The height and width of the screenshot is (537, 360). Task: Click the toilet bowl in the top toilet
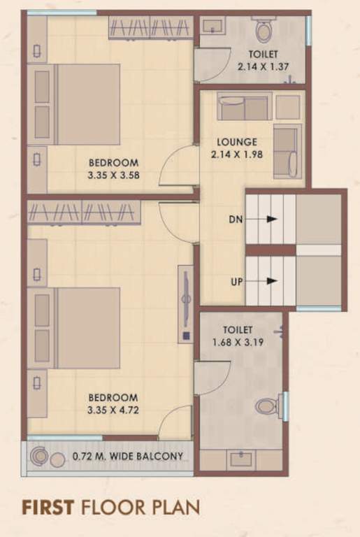pyautogui.click(x=264, y=30)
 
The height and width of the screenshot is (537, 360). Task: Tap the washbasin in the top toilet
pyautogui.click(x=212, y=27)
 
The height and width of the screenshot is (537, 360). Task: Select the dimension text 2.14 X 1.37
pyautogui.click(x=263, y=67)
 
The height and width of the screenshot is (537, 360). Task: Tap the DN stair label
pyautogui.click(x=236, y=219)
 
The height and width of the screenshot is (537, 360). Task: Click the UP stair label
pyautogui.click(x=237, y=282)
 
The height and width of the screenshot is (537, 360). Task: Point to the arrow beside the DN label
pyautogui.click(x=262, y=219)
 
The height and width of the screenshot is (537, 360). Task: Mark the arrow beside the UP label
pyautogui.click(x=262, y=282)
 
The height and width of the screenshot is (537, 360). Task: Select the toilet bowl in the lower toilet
pyautogui.click(x=268, y=406)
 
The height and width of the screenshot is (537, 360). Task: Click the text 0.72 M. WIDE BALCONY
pyautogui.click(x=128, y=457)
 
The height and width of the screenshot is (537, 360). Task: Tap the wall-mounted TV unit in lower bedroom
pyautogui.click(x=185, y=303)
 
